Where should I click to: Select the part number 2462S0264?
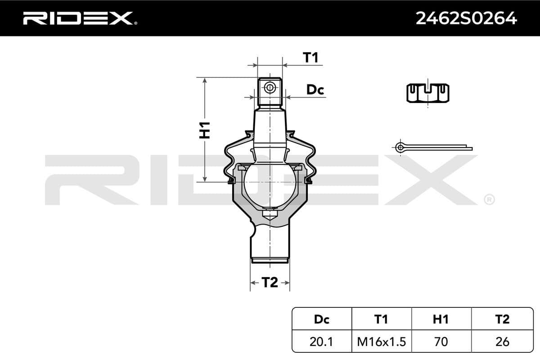tap(466, 18)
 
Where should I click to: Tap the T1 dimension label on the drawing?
tap(310, 58)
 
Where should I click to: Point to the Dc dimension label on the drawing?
tap(315, 90)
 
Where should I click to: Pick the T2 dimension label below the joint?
tap(270, 283)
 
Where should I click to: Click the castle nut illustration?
tap(428, 93)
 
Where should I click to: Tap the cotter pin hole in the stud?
tap(270, 88)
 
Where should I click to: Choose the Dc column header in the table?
tap(321, 319)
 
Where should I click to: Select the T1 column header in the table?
tap(381, 319)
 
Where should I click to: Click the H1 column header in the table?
tap(441, 319)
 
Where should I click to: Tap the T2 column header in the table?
tap(502, 319)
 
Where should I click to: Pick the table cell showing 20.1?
tap(321, 342)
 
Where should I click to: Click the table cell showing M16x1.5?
tap(381, 342)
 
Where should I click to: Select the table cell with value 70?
tap(441, 342)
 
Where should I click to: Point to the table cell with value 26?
tap(502, 342)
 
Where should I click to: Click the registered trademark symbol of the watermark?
tap(489, 199)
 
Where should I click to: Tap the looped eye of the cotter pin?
tap(399, 146)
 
